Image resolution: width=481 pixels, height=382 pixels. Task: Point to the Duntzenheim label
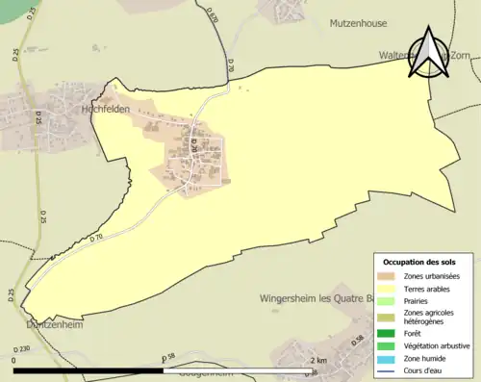tap(49, 325)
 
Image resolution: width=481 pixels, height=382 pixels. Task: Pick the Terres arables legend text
tap(428, 288)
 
